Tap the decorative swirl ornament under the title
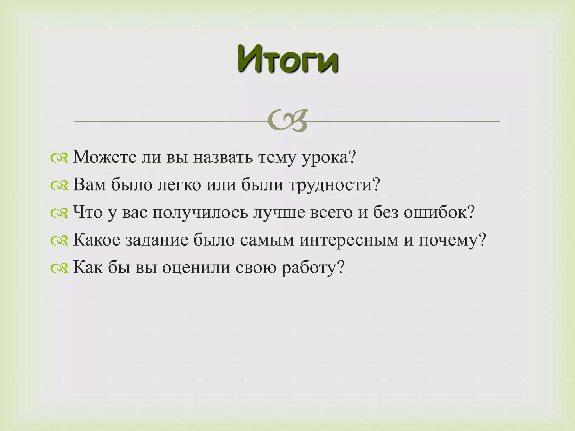point(287,121)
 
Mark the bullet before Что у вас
point(59,214)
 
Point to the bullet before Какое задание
point(59,241)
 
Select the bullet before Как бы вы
point(59,269)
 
